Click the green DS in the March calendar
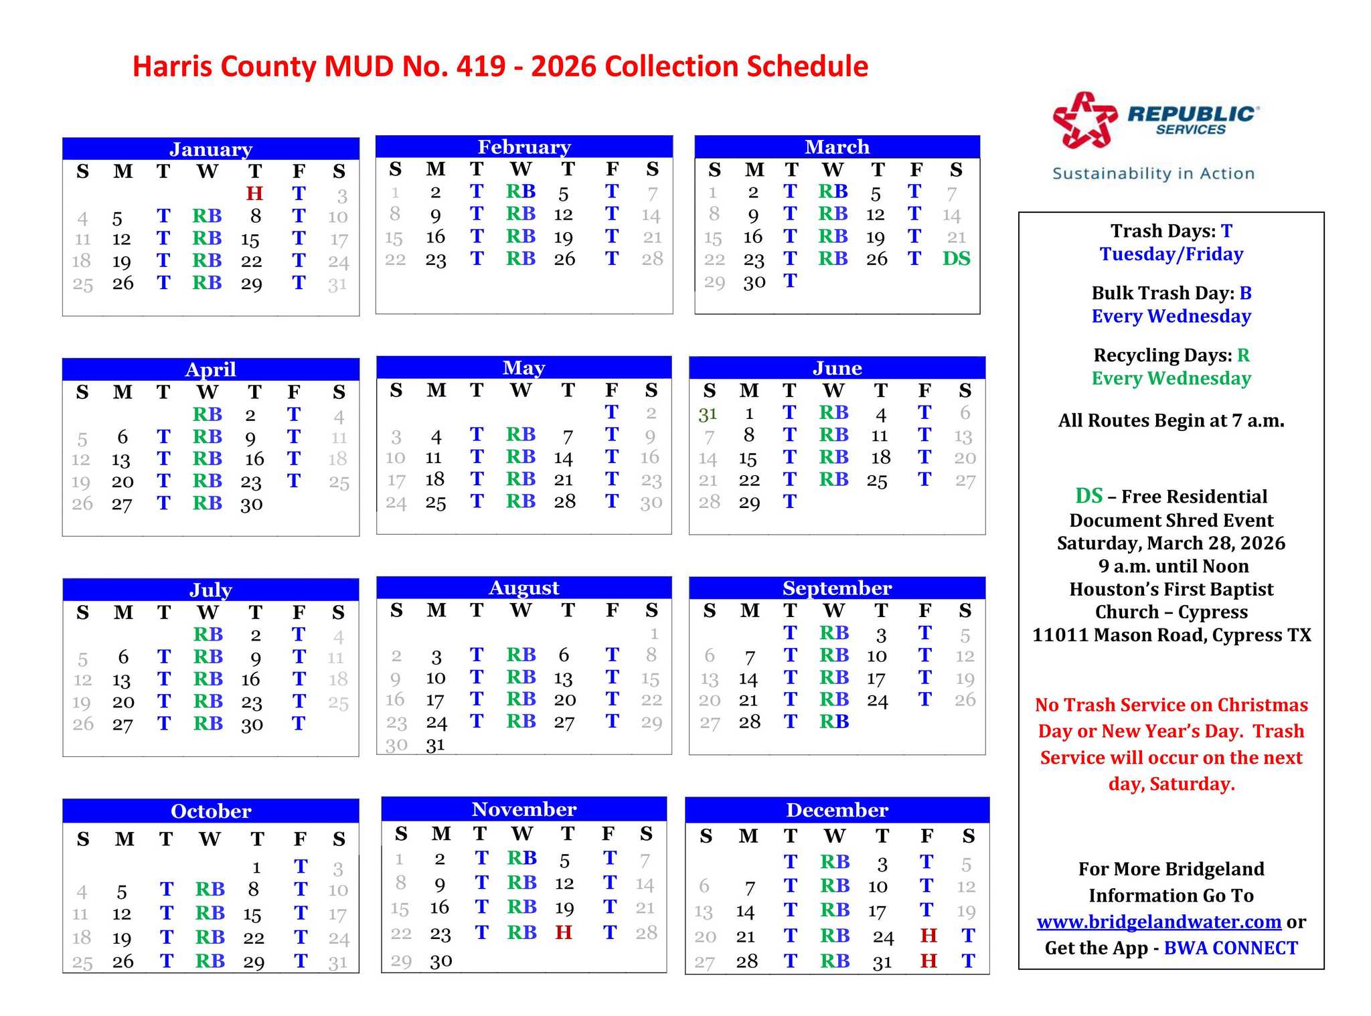coord(956,258)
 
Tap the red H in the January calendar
coord(254,193)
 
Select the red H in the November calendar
coord(564,932)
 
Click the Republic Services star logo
coord(1084,120)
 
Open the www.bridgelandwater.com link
coord(1159,922)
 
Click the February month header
coord(524,147)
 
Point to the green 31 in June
coord(708,414)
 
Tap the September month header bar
coord(837,588)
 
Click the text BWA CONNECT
coord(1230,948)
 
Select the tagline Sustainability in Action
coord(1153,173)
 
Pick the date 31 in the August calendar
coord(436,744)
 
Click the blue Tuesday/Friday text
coord(1171,254)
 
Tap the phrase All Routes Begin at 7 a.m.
coord(1171,420)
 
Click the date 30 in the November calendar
coord(441,961)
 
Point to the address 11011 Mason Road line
coord(1171,634)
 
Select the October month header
coord(211,811)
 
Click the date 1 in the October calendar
coord(256,868)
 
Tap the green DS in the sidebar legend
coord(1088,496)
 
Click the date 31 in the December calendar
coord(882,962)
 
